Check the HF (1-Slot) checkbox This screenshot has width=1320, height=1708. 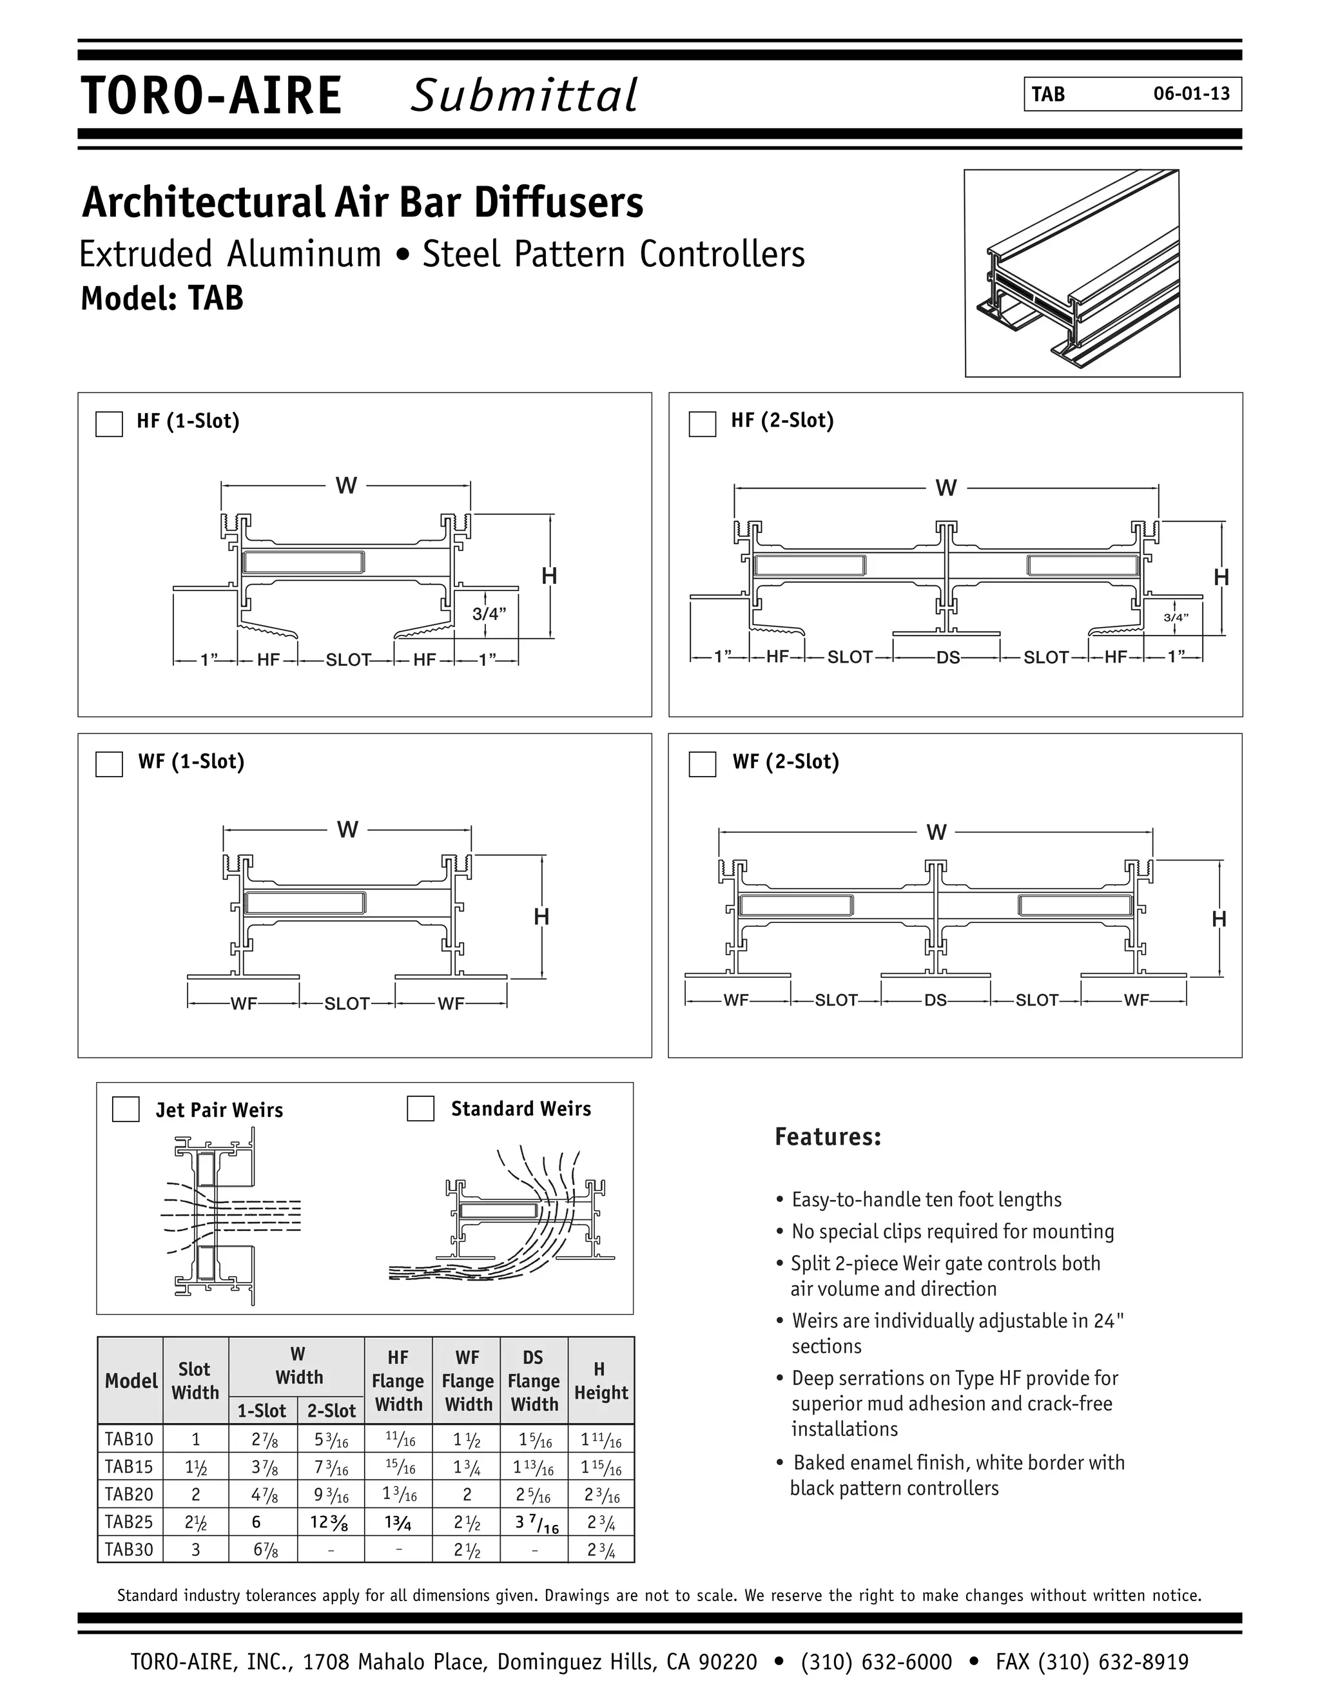click(x=109, y=424)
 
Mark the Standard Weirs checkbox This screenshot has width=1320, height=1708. click(x=421, y=1107)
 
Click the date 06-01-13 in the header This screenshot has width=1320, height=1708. click(x=1191, y=94)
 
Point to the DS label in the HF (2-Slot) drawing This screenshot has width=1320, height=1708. click(x=947, y=657)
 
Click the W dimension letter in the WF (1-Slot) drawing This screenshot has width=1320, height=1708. click(x=347, y=829)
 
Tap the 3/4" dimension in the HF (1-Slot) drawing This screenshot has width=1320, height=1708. click(x=490, y=614)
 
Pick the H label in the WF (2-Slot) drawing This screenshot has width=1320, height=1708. click(x=1218, y=919)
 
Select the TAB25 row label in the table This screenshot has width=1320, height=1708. click(x=129, y=1522)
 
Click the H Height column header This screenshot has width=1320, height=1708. click(x=601, y=1381)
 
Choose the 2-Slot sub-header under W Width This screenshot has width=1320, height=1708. click(x=331, y=1411)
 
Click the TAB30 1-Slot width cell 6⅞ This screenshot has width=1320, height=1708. click(x=263, y=1549)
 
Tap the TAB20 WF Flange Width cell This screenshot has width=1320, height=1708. click(x=467, y=1495)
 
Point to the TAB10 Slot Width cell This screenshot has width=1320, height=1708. click(x=195, y=1439)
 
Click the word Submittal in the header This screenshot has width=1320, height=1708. click(x=524, y=95)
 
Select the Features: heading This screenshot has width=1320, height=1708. click(x=828, y=1137)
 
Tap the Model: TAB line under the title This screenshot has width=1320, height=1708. click(x=162, y=298)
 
